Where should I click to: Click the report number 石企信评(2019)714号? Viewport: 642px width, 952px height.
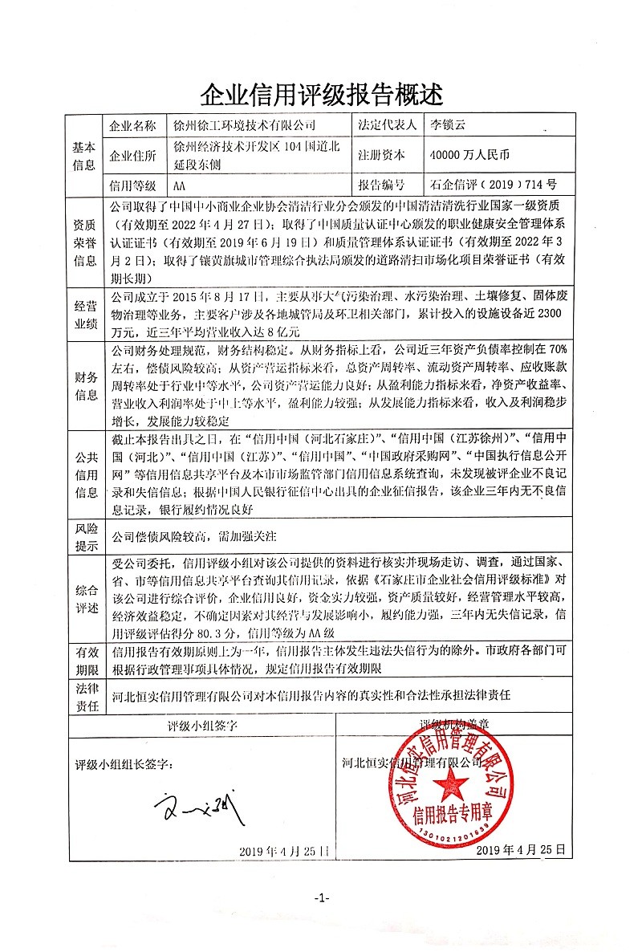pos(493,184)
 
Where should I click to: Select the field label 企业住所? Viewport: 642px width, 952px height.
pos(133,155)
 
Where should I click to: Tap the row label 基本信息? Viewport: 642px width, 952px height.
pos(85,156)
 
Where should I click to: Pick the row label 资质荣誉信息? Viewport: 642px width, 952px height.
pos(85,240)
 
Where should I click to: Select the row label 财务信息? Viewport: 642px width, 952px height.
pos(85,385)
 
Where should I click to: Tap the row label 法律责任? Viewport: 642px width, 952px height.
pos(85,694)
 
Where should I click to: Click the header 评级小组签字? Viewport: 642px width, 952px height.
pos(202,726)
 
